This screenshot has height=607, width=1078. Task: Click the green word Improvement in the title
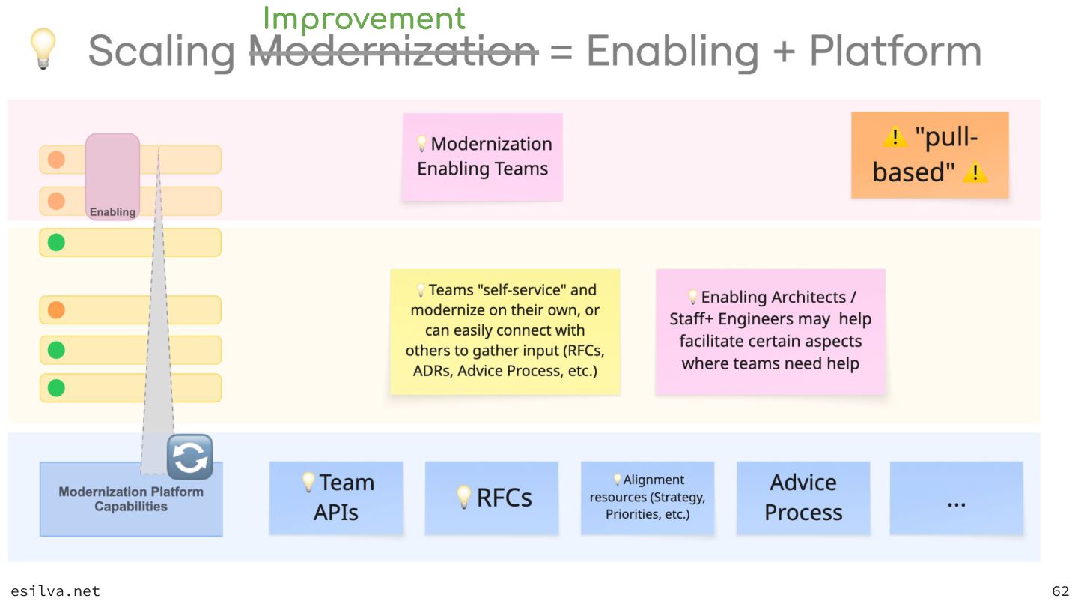point(364,19)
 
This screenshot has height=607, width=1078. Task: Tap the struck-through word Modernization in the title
point(393,52)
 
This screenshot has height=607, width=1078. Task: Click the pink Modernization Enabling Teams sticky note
point(482,157)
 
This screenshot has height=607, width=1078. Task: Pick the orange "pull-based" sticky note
point(929,155)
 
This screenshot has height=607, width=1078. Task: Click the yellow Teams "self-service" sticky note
point(505,331)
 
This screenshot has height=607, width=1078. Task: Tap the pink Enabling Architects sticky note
point(770,331)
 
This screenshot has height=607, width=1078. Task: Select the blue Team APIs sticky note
point(335,498)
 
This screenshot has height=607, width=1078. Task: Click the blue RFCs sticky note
point(492,498)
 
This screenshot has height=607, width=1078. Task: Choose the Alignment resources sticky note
point(647,498)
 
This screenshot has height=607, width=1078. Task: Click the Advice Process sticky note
point(803,498)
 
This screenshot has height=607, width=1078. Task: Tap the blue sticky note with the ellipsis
point(956,498)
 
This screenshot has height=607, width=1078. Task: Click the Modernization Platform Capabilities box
point(130,500)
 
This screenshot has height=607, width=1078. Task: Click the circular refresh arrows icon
point(190,457)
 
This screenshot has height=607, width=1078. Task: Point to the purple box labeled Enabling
point(112,177)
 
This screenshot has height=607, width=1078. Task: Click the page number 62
point(1060,591)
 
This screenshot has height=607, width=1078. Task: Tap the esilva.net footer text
point(55,591)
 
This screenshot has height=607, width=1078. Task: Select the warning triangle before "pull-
point(895,138)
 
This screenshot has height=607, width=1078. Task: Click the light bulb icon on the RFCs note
point(464,496)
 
